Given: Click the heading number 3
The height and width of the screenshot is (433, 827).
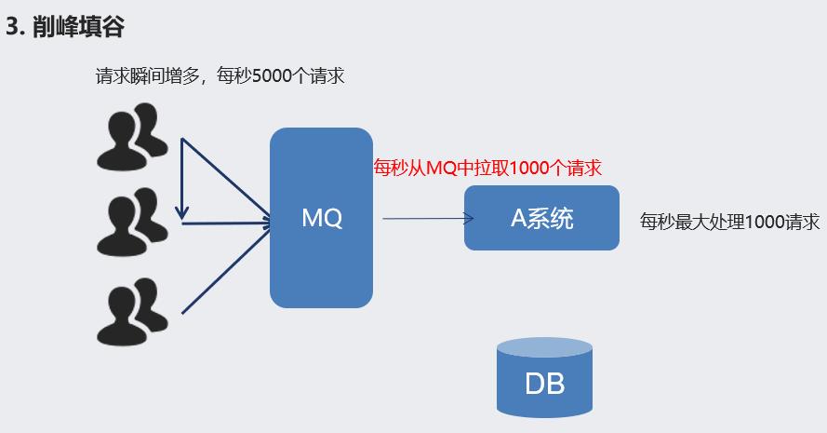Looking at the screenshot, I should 13,27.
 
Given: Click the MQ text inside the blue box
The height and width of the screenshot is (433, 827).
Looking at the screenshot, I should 322,219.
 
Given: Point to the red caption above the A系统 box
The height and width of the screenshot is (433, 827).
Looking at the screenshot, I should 487,168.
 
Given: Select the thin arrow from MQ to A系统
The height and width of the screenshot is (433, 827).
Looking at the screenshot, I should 423,219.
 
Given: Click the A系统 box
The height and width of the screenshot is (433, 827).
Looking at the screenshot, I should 541,218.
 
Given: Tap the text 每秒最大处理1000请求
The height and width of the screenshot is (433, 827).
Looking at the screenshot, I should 729,222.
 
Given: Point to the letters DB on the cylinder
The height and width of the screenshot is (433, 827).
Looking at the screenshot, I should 544,384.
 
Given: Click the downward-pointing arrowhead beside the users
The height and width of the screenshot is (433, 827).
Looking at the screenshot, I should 183,213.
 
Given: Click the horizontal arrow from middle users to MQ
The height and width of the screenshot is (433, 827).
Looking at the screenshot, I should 228,223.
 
